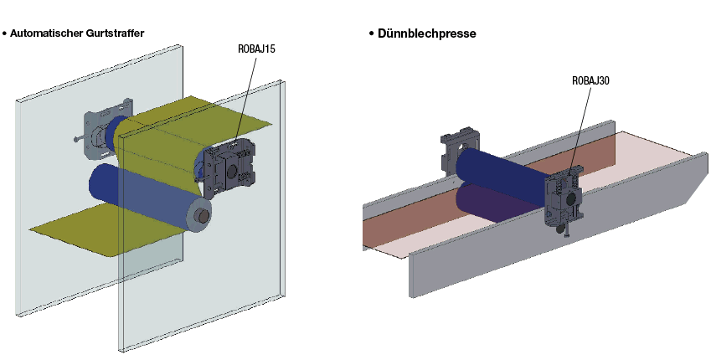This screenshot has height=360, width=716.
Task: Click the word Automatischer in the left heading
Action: point(47,33)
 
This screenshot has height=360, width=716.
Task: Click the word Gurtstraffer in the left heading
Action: point(114,33)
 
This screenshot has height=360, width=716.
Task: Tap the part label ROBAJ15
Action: point(257,49)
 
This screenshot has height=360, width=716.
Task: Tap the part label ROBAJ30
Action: point(590,81)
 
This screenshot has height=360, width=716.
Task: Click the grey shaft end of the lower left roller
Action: point(202,214)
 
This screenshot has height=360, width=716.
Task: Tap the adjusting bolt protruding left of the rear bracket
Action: point(79,140)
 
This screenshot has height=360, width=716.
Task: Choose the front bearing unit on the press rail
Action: point(563,201)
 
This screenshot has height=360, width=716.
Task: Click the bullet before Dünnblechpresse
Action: point(371,33)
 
